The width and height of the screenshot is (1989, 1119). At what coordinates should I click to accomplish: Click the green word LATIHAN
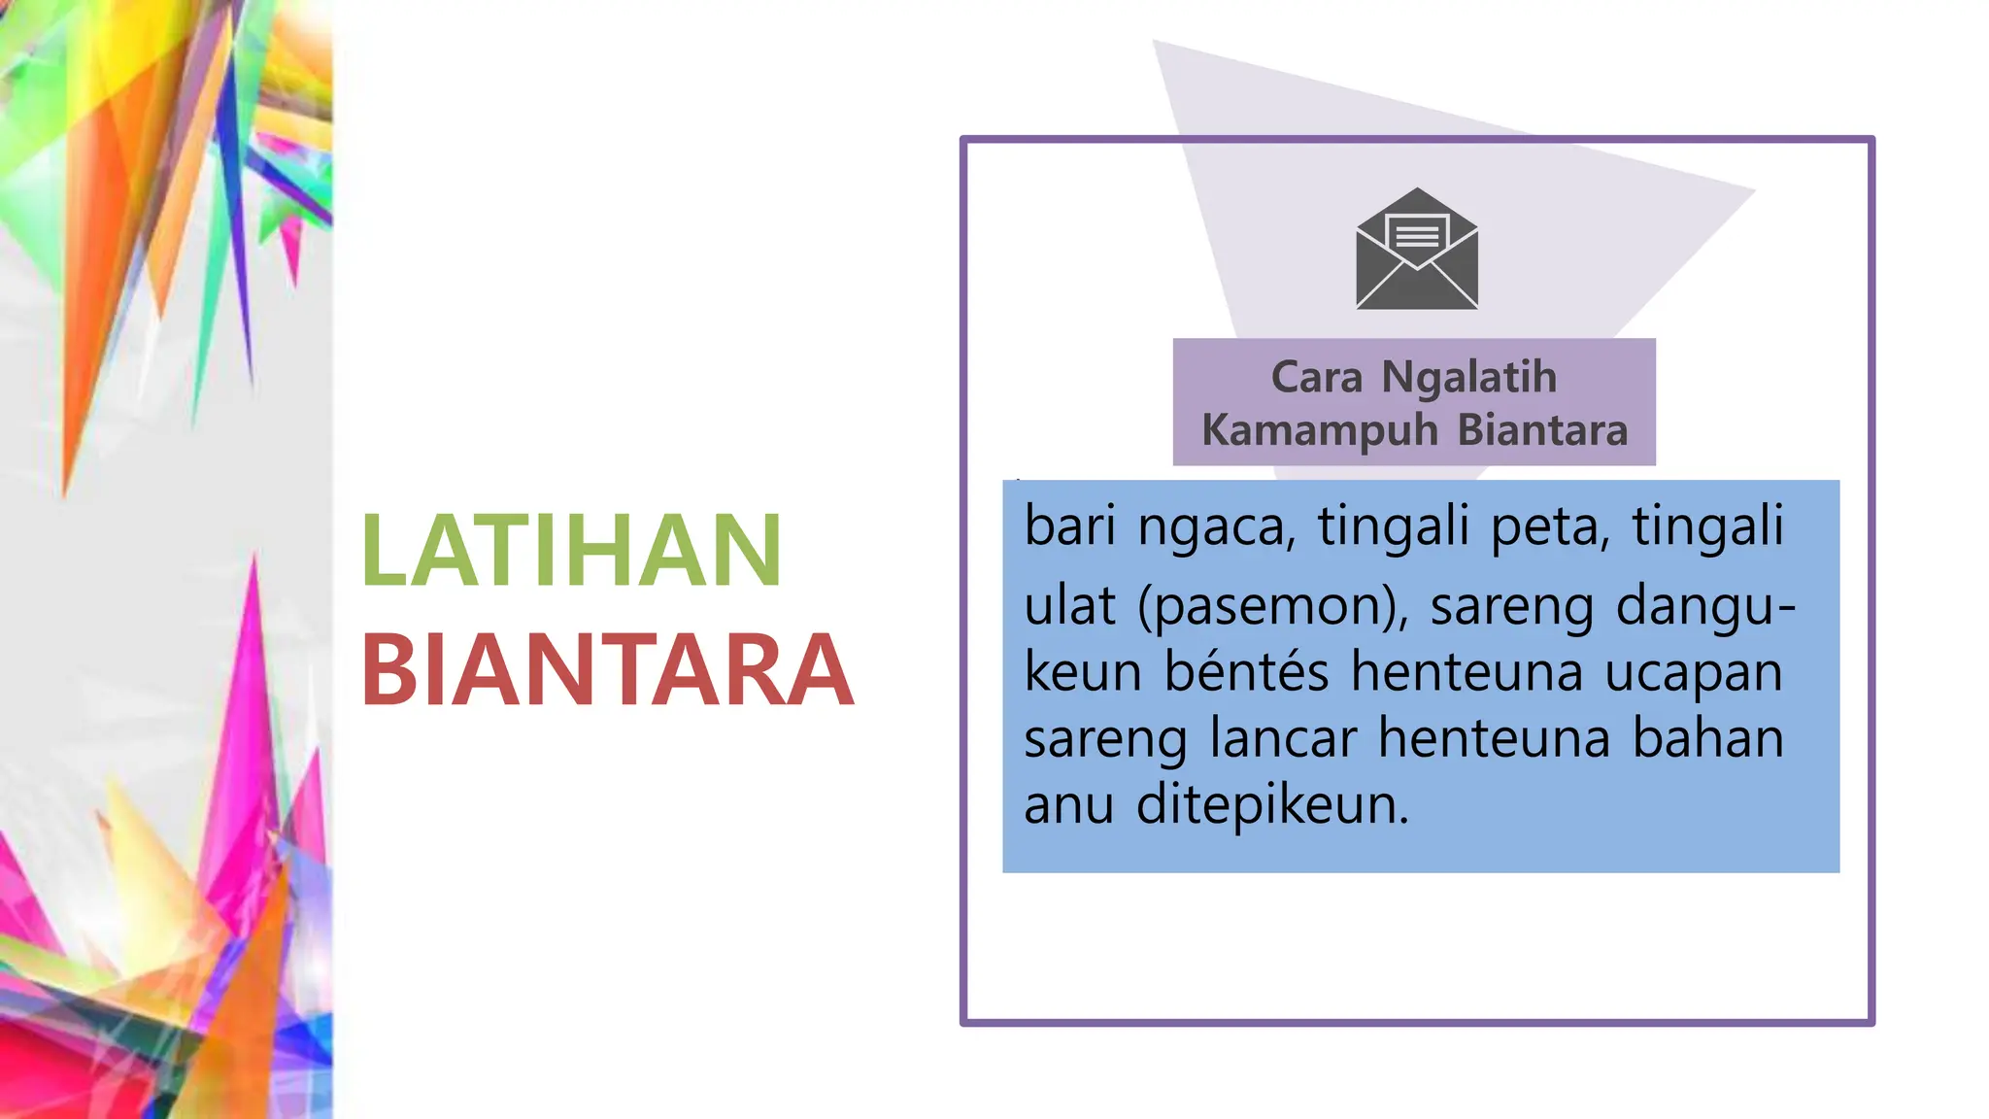571,551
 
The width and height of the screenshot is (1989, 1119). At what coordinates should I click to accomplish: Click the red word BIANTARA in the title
607,670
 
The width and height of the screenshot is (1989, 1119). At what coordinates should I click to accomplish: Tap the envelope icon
1417,251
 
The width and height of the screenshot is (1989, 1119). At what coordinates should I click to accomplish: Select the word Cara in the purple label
1317,378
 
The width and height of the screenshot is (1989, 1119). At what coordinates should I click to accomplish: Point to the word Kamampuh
1320,430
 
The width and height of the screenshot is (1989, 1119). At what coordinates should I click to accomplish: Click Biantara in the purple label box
1542,430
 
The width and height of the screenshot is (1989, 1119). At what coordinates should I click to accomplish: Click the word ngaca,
1217,527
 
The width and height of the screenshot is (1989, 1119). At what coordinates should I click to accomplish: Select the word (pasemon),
1273,606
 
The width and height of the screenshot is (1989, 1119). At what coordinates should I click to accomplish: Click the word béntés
1246,671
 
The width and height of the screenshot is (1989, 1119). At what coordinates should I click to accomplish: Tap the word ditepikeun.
1272,805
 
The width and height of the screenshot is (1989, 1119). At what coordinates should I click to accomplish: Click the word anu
1068,805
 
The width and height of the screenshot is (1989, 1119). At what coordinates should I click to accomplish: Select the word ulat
1069,605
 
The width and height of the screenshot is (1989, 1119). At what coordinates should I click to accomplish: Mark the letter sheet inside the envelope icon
1417,233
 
